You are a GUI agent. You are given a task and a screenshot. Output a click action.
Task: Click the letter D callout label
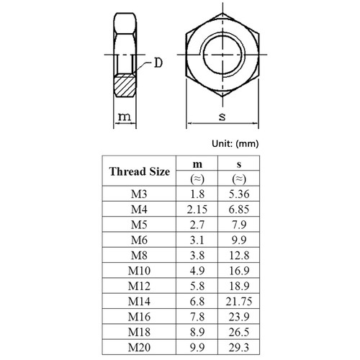tap(157, 64)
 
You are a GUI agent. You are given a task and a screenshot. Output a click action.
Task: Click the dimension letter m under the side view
tap(124, 117)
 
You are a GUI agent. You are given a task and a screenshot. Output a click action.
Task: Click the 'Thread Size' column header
tap(139, 172)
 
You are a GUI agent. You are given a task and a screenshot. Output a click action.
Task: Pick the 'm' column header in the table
tap(197, 165)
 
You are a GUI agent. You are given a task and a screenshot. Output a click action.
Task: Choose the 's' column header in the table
tap(238, 165)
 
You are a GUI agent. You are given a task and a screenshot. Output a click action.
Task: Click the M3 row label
tap(139, 194)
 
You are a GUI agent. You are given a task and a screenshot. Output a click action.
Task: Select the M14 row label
tap(139, 300)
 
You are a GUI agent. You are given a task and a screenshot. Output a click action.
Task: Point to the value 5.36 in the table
tap(238, 194)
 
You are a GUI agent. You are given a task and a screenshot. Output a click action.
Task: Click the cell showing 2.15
tap(197, 209)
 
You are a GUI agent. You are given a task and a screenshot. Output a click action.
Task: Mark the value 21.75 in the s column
tap(238, 300)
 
